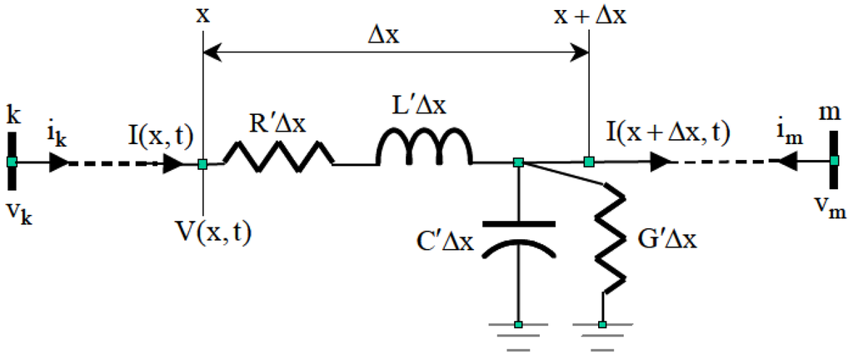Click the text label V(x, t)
pos(213,232)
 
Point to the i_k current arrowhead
pos(59,162)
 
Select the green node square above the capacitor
pos(518,162)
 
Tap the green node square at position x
pos(202,164)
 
